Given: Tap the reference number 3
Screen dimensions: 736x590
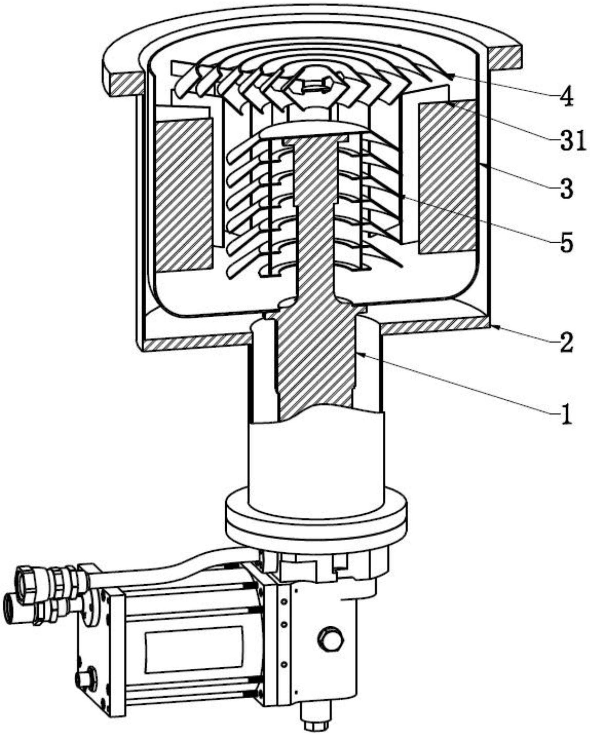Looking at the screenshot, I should (x=566, y=189).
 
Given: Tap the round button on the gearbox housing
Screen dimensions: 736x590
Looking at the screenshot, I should (x=329, y=639).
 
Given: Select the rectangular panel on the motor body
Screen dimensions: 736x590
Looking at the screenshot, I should (x=194, y=649).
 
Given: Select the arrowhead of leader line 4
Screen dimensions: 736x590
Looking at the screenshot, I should (x=451, y=76).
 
